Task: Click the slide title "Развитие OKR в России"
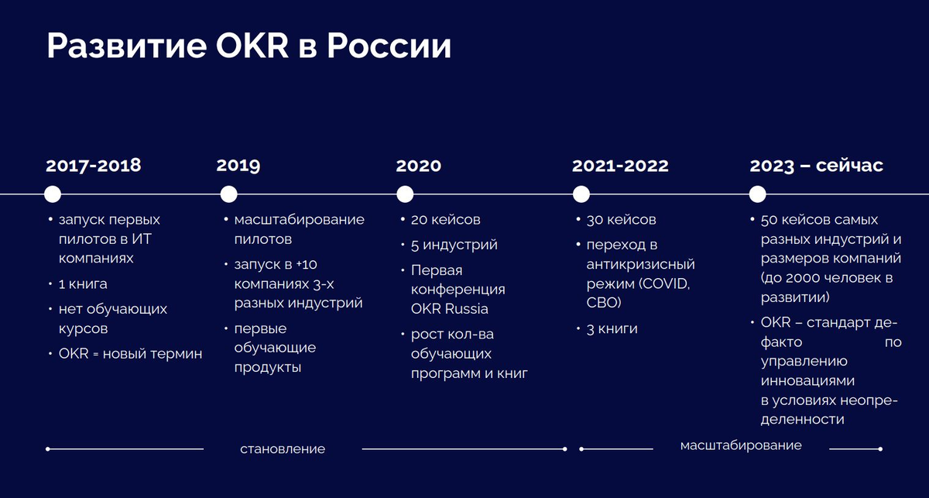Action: [249, 47]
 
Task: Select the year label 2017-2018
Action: [94, 166]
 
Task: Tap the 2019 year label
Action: [238, 166]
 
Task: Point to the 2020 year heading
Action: [419, 166]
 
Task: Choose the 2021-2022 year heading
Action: [620, 166]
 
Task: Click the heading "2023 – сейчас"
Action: [817, 166]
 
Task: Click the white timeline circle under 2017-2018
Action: [53, 194]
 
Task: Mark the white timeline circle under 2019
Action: [228, 194]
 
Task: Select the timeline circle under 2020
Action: [405, 194]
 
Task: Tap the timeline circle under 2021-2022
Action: [581, 194]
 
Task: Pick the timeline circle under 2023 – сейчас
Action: [758, 194]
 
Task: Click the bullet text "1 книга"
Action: [83, 283]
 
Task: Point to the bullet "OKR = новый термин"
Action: [130, 354]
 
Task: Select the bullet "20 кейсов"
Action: [445, 219]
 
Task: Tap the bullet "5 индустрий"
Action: [454, 245]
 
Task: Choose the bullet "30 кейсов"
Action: [621, 219]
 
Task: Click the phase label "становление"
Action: [283, 449]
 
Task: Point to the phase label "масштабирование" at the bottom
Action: [741, 445]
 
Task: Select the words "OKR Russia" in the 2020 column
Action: [450, 309]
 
